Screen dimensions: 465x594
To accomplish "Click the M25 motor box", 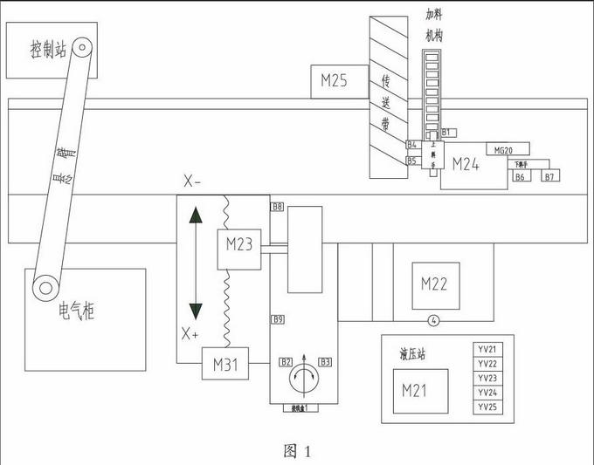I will (x=335, y=82).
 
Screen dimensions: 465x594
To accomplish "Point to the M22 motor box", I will (x=434, y=284).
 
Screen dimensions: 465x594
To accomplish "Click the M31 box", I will (x=225, y=365).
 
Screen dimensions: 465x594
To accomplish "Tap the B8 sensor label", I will (x=277, y=207).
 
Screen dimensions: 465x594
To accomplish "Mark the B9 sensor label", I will (x=278, y=320).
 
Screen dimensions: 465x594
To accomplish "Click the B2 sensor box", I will (x=286, y=361).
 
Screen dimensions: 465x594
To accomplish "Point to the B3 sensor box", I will (x=324, y=361).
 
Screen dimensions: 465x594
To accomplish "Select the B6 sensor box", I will (x=521, y=177).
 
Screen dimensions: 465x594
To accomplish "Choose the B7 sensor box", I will (x=549, y=177).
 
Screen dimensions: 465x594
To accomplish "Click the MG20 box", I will (x=505, y=150).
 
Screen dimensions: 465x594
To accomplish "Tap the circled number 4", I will (x=433, y=318).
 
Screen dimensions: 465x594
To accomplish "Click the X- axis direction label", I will (x=192, y=181).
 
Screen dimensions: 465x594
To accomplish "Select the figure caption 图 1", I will (x=297, y=450).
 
